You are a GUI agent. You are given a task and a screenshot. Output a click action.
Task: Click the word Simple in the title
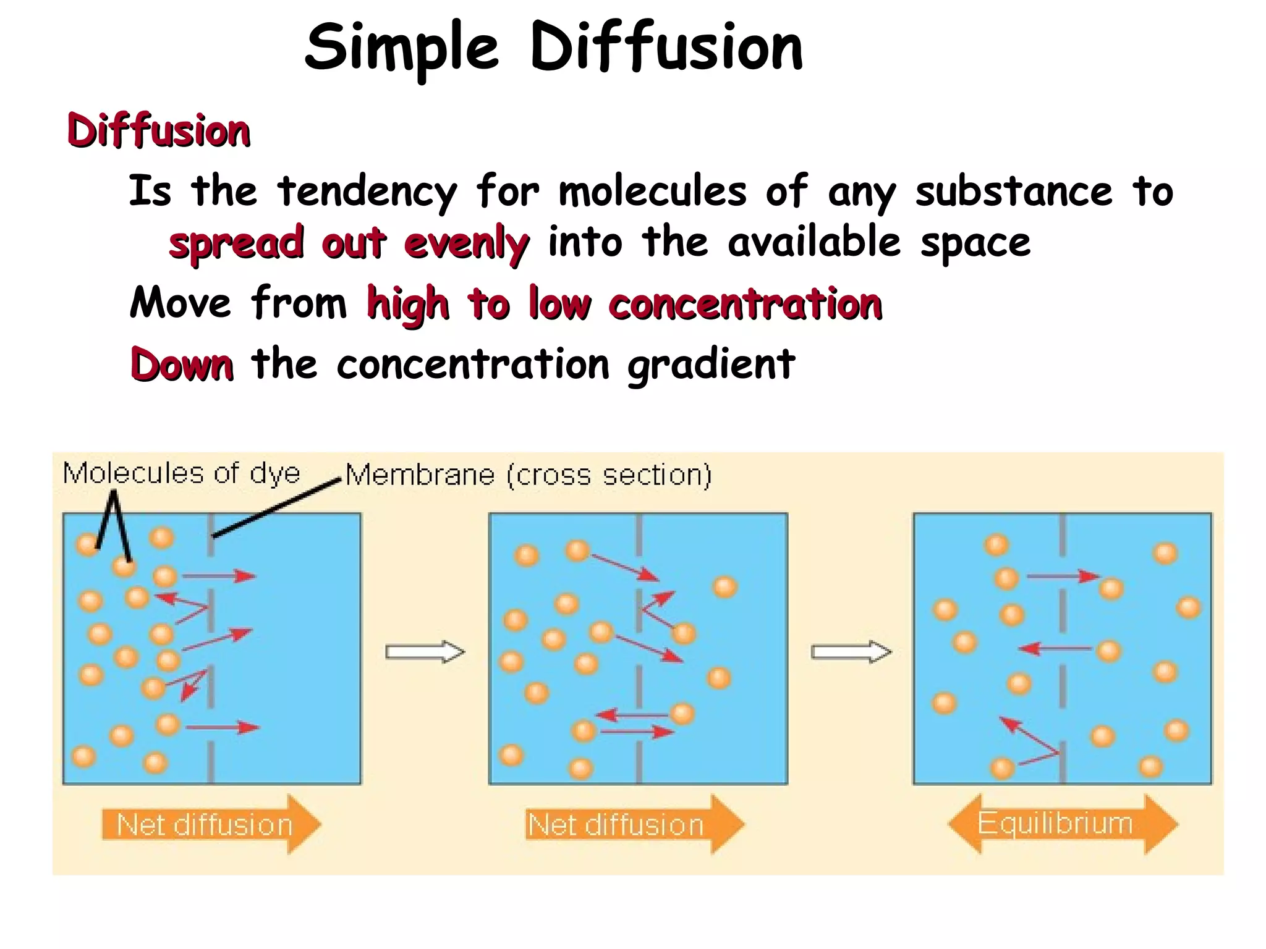click(402, 48)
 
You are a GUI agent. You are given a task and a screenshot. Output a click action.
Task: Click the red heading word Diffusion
click(158, 131)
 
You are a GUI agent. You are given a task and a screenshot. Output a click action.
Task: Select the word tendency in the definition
click(367, 192)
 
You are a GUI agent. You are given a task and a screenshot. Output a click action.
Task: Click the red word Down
click(182, 365)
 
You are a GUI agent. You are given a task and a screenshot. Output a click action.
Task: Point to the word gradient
click(711, 365)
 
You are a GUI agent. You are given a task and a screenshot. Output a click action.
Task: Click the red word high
click(408, 305)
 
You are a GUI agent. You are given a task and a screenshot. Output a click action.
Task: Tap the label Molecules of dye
click(181, 474)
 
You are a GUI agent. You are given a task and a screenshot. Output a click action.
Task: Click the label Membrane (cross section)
click(529, 475)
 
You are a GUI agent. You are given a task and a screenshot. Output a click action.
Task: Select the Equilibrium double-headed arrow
click(1062, 824)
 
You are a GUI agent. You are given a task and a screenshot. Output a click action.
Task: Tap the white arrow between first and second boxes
click(425, 652)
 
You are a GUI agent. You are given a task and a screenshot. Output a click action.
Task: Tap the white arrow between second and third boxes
click(851, 652)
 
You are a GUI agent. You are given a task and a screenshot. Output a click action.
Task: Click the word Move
click(181, 303)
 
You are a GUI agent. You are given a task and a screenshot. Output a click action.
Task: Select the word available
click(814, 242)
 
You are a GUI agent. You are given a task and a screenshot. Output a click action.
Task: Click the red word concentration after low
click(745, 305)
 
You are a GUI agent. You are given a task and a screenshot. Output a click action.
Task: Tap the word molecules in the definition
click(653, 192)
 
